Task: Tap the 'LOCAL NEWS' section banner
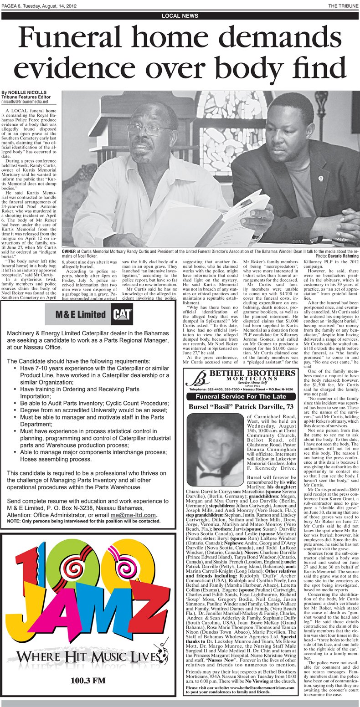pyautogui.click(x=180, y=16)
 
